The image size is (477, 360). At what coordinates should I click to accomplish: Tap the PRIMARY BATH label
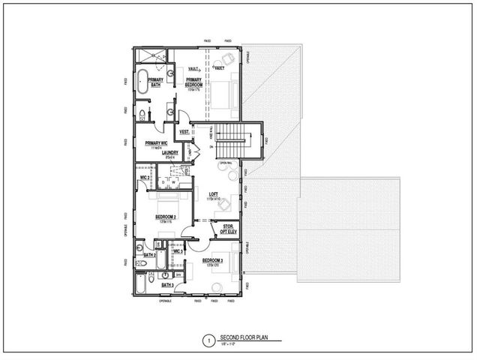point(155,82)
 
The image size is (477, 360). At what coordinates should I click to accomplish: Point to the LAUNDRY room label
point(169,153)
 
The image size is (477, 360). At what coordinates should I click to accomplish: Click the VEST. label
point(184,132)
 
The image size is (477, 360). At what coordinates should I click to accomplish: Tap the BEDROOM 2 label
point(166,217)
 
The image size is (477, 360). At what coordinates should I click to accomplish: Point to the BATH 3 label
point(168,286)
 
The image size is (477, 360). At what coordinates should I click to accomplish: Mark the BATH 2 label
point(148,255)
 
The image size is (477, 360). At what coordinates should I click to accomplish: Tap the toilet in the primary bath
point(142,114)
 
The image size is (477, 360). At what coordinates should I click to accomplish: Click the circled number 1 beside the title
point(208,339)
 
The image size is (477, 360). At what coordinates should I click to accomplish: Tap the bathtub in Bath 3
point(143,286)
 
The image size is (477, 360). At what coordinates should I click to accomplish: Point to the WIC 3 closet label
point(178,251)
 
